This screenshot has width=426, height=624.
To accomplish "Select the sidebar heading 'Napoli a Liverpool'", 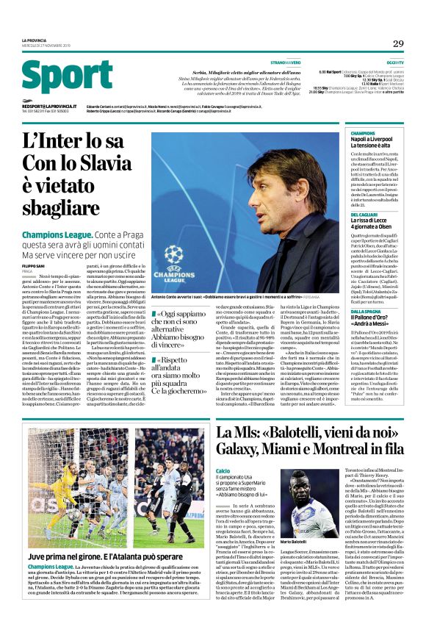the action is [369, 139].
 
